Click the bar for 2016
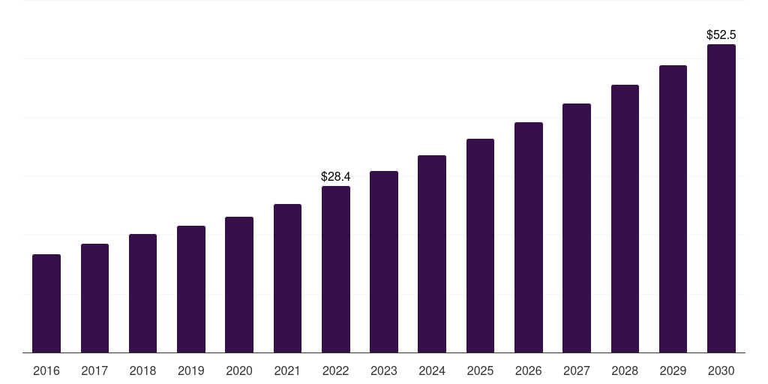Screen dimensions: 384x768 click(46, 304)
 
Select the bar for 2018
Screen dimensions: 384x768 click(142, 293)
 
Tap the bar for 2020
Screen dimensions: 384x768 click(239, 285)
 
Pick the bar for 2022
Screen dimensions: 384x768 click(335, 269)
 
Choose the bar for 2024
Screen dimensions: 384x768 click(432, 254)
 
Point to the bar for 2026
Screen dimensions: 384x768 click(529, 238)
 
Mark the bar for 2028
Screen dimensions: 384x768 click(625, 219)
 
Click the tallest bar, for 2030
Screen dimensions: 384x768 click(721, 199)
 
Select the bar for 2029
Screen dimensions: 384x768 click(673, 209)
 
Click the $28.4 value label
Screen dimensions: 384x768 click(335, 177)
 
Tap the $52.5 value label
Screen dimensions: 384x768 click(721, 35)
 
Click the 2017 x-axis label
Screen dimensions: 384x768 click(94, 370)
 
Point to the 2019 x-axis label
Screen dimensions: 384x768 click(191, 370)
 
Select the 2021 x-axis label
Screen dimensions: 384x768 click(287, 370)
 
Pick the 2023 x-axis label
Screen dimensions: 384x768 click(384, 370)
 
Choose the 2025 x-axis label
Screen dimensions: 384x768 click(480, 370)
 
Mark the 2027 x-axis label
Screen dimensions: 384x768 click(577, 370)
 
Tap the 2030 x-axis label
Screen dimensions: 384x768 click(721, 370)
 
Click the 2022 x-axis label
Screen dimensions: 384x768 click(335, 370)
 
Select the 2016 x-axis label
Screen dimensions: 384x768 click(46, 370)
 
